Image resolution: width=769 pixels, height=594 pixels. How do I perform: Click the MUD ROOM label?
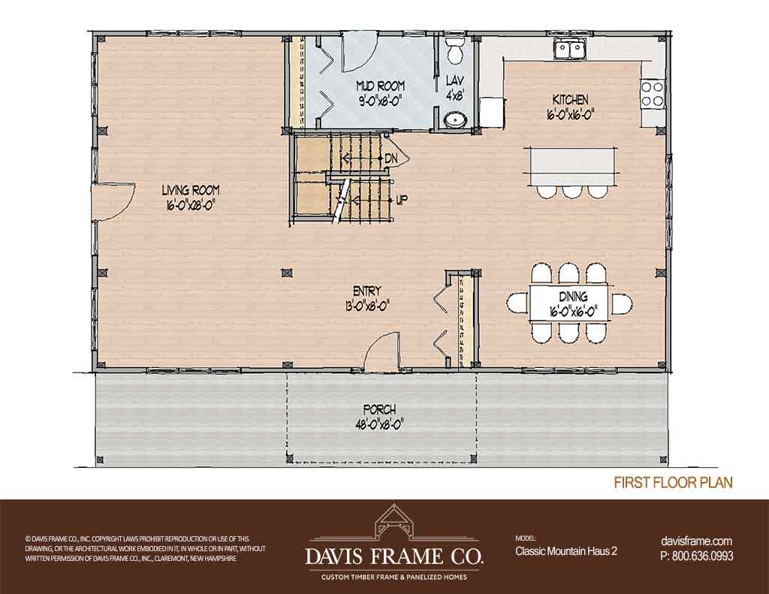pyautogui.click(x=380, y=86)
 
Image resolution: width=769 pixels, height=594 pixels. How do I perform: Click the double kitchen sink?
pyautogui.click(x=569, y=48)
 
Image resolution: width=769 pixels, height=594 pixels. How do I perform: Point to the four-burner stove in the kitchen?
pyautogui.click(x=652, y=94)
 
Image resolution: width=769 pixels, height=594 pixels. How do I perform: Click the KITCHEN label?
pyautogui.click(x=570, y=100)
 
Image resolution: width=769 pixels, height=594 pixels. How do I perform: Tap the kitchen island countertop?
pyautogui.click(x=571, y=164)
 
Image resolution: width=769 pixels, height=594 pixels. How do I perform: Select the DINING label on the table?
pyautogui.click(x=573, y=297)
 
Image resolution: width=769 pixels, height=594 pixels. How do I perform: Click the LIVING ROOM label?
pyautogui.click(x=191, y=190)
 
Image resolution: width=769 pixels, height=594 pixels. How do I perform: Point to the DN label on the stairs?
pyautogui.click(x=391, y=158)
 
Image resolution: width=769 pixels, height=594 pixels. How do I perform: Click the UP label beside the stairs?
pyautogui.click(x=401, y=201)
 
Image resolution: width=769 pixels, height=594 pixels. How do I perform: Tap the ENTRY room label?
pyautogui.click(x=366, y=291)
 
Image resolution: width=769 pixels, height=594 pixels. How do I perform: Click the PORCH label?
pyautogui.click(x=379, y=409)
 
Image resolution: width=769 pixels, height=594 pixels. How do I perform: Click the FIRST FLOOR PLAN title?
pyautogui.click(x=674, y=483)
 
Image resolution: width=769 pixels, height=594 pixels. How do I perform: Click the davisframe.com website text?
pyautogui.click(x=696, y=541)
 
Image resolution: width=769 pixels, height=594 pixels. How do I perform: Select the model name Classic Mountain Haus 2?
pyautogui.click(x=566, y=551)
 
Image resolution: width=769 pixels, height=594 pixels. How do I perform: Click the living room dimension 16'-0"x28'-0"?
pyautogui.click(x=191, y=204)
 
